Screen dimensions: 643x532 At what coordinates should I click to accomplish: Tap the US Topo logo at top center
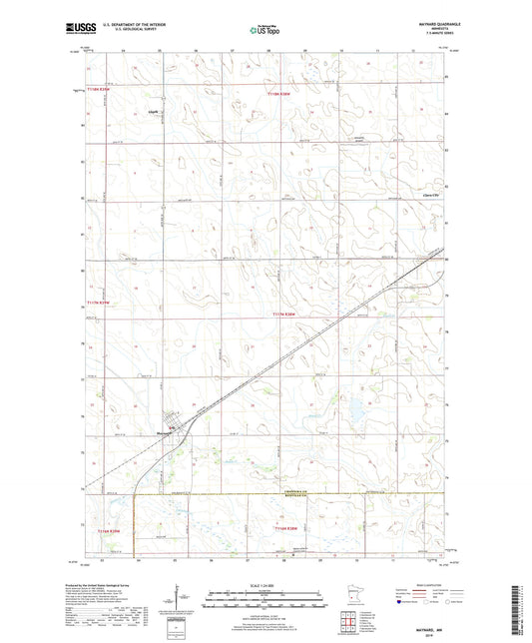(265, 31)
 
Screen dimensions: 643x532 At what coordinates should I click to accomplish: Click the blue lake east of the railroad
(354, 408)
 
